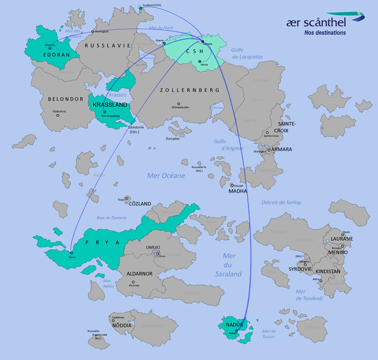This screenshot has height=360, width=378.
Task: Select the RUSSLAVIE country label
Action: (x=104, y=46)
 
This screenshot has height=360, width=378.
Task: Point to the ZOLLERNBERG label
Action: (x=190, y=90)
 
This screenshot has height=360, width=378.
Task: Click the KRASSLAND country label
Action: (x=110, y=105)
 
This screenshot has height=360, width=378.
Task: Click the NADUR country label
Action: (x=235, y=324)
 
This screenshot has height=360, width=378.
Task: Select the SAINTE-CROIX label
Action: (x=287, y=126)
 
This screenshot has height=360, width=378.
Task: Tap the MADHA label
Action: (x=238, y=191)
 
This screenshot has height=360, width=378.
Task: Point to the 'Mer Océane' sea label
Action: (x=166, y=176)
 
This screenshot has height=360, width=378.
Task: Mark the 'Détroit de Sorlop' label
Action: (x=281, y=202)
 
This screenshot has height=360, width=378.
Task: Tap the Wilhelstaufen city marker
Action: (x=179, y=104)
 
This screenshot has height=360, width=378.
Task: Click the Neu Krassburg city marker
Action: (x=104, y=112)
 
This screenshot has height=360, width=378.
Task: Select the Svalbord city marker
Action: (x=140, y=8)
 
